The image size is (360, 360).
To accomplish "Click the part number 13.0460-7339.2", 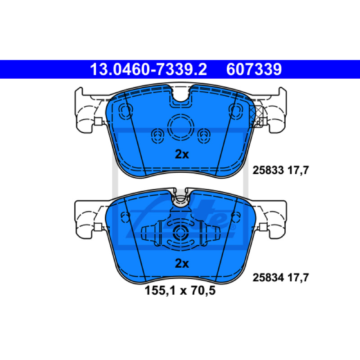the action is (x=148, y=69).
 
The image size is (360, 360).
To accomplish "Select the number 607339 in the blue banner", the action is (x=254, y=69).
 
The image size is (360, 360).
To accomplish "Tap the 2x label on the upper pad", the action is (x=182, y=154).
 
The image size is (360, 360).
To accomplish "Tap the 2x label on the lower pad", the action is (x=182, y=263).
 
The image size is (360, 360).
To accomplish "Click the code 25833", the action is (x=268, y=171).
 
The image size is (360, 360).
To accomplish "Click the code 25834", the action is (x=268, y=278).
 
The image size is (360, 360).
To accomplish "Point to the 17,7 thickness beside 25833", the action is (x=298, y=171).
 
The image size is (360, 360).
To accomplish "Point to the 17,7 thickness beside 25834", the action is (x=298, y=278).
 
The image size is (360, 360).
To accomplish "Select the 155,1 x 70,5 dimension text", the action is (x=180, y=291).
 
